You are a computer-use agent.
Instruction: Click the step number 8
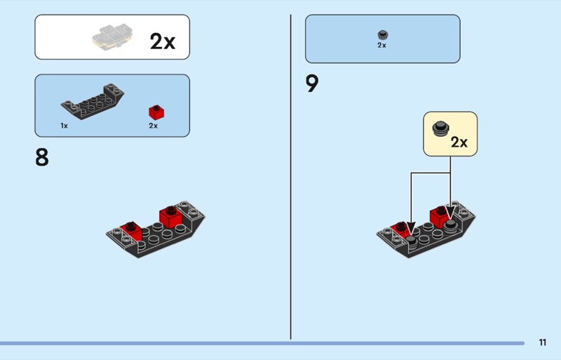[42, 157]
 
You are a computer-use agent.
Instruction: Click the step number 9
[312, 84]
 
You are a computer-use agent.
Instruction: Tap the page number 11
[543, 342]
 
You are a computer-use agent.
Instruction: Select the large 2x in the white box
[162, 41]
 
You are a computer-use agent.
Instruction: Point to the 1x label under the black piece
[64, 126]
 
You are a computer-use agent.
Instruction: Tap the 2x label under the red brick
[153, 126]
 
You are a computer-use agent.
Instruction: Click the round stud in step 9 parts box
[382, 34]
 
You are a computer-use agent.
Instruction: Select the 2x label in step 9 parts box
[381, 45]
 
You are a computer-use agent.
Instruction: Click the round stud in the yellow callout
[441, 128]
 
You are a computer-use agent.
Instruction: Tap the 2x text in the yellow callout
[459, 142]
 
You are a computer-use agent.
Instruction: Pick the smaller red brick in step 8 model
[128, 227]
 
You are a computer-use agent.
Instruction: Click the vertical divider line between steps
[290, 175]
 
